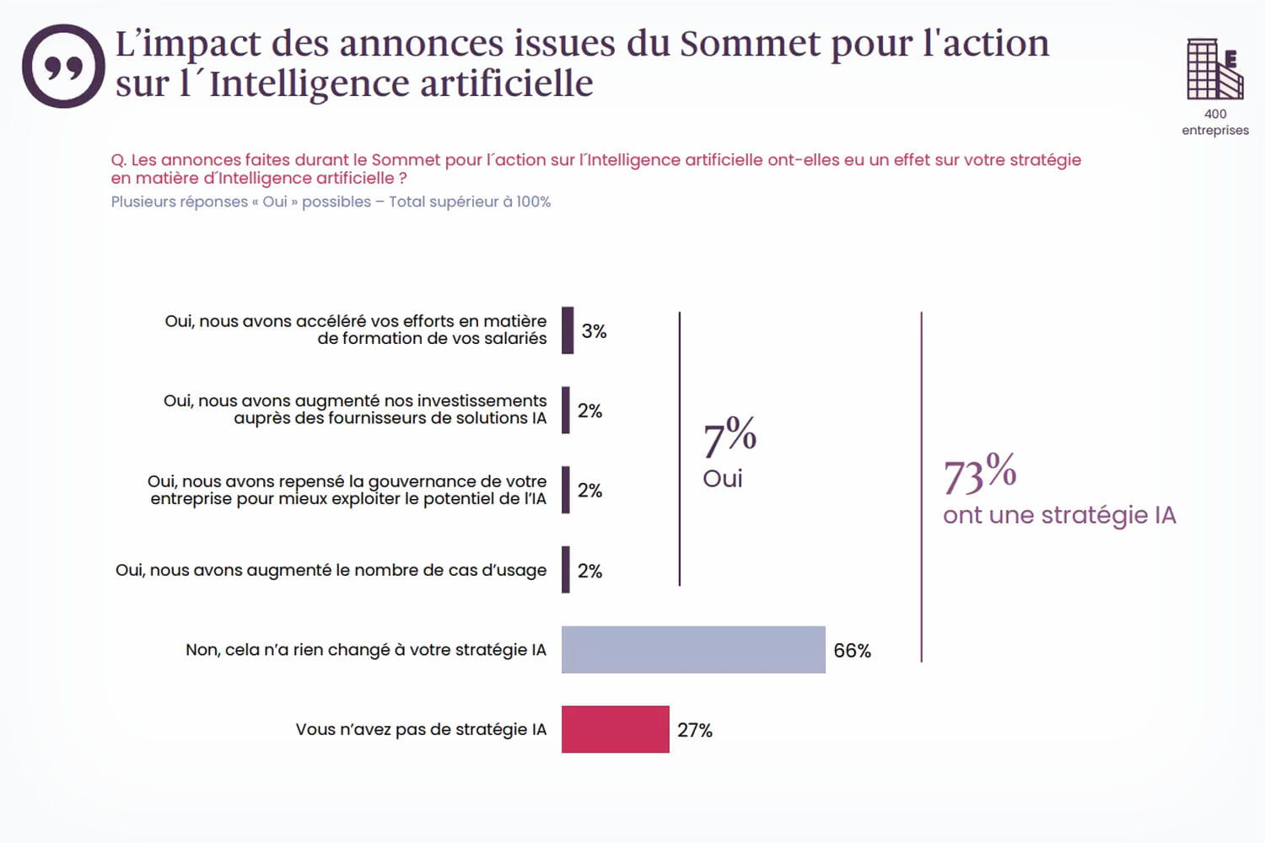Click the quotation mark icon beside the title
point(63,66)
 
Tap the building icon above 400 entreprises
point(1214,69)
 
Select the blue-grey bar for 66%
point(693,649)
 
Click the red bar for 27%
point(615,729)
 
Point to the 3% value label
point(594,331)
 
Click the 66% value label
point(852,651)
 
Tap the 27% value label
point(694,730)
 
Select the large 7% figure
point(729,436)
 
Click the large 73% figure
point(979,474)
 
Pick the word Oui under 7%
point(723,479)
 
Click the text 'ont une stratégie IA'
point(1059,515)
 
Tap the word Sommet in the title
point(750,43)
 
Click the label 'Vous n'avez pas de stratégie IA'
point(421,729)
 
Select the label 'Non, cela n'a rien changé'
point(365,650)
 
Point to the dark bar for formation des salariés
point(568,330)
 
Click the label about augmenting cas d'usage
point(331,570)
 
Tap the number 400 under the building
point(1215,114)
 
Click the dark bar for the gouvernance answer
point(566,490)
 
